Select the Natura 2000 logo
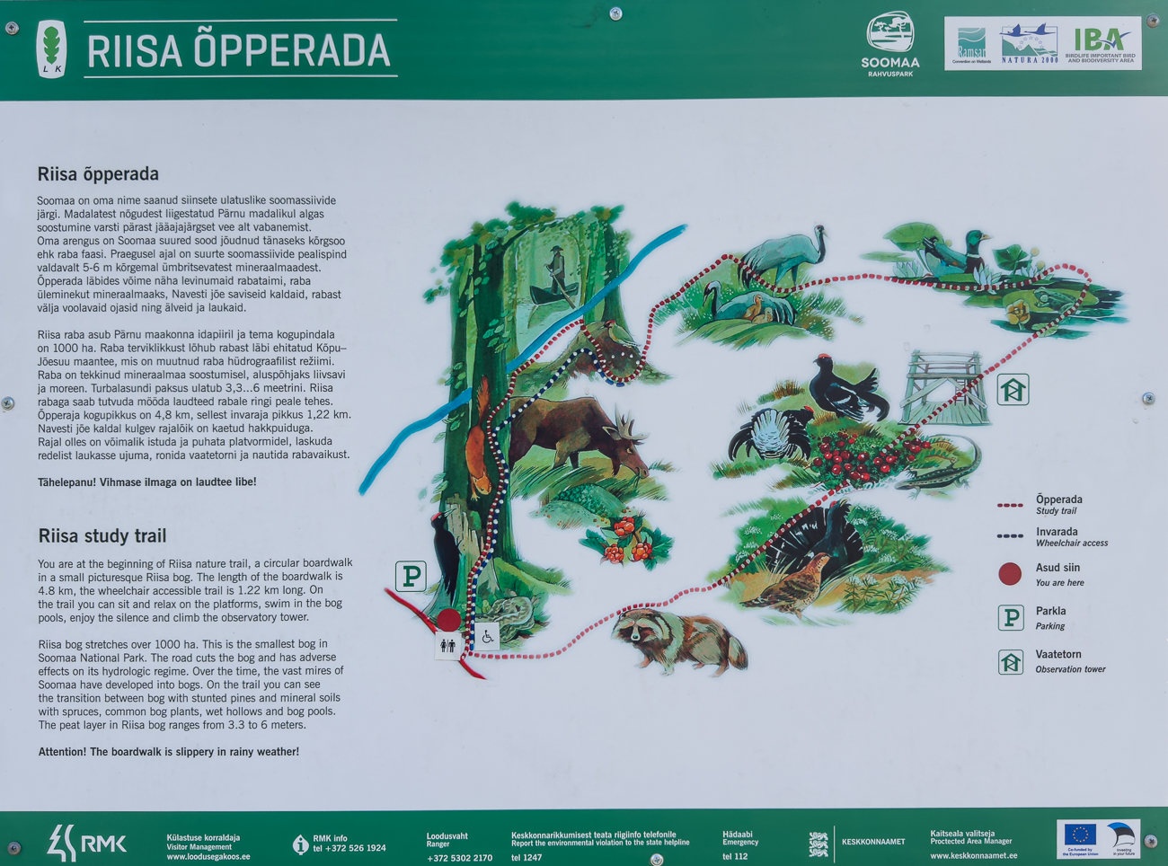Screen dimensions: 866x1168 tap(1030, 43)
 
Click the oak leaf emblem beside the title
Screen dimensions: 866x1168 tap(52, 49)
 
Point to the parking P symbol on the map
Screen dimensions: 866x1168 tap(411, 576)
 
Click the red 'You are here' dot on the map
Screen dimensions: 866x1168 tap(448, 619)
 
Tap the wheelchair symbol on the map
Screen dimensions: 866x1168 tap(487, 637)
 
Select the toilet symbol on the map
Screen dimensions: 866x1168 tap(447, 645)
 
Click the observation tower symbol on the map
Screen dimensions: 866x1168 tap(1013, 390)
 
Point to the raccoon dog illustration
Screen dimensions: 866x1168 tap(678, 639)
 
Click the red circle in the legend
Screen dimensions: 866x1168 tap(1010, 574)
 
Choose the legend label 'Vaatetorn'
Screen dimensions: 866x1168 tap(1058, 654)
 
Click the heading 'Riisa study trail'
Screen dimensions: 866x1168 tap(102, 536)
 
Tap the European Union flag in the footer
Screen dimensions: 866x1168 tap(1079, 835)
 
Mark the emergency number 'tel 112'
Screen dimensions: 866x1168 tap(735, 856)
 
